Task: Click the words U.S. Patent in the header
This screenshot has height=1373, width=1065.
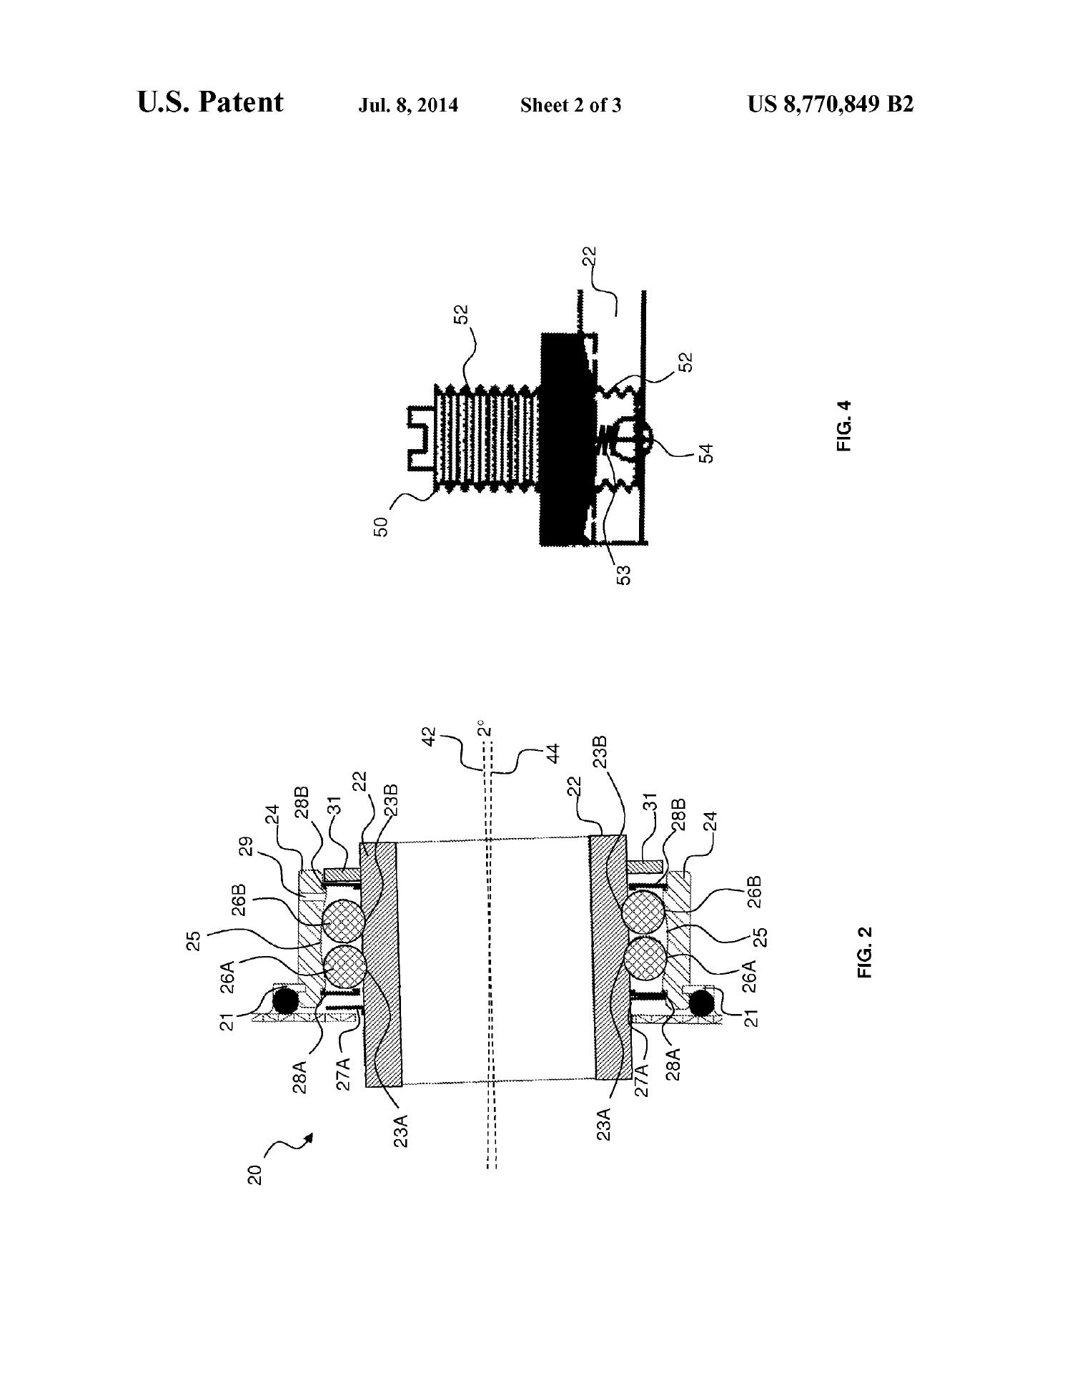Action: pos(210,102)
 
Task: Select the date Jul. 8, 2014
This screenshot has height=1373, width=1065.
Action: pos(407,106)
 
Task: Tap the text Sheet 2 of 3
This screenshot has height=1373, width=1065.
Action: pos(570,106)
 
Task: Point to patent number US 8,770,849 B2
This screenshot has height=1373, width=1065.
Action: pos(831,105)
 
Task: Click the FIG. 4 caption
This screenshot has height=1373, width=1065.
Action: pos(846,425)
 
